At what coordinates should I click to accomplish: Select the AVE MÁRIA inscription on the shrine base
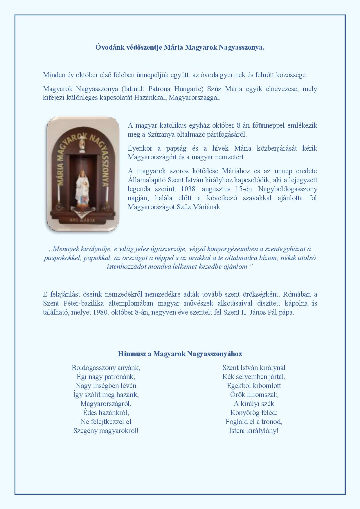82,220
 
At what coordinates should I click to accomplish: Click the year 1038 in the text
188,189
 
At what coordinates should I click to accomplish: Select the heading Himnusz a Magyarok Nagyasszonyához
180,353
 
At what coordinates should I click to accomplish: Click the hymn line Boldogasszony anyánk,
106,368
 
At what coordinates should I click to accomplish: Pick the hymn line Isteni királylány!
253,430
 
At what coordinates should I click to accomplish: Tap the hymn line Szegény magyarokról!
106,430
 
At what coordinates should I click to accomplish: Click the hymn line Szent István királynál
254,368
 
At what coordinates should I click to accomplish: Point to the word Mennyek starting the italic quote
67,249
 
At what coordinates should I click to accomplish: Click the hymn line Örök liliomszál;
254,395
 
